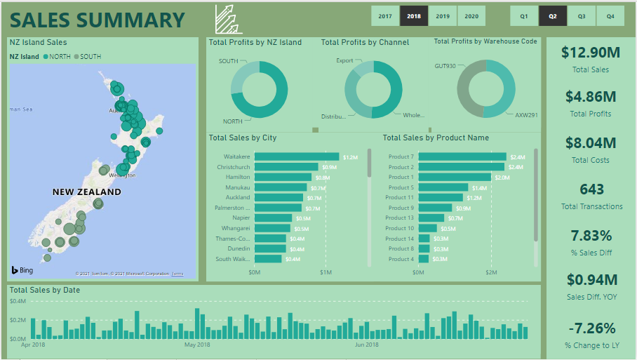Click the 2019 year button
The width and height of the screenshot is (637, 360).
click(x=443, y=15)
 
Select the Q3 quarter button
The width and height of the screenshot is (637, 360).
click(x=582, y=15)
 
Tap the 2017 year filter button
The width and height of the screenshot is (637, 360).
click(x=385, y=15)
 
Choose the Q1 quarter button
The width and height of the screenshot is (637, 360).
click(x=524, y=15)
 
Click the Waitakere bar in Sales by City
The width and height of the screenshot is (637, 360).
click(x=296, y=156)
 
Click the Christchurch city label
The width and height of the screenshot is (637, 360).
click(x=234, y=167)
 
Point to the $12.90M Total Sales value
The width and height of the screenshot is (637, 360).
click(x=590, y=53)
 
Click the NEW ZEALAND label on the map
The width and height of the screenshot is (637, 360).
click(x=87, y=192)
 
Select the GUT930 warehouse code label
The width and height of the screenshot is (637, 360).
click(x=445, y=66)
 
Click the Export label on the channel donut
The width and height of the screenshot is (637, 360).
click(x=344, y=61)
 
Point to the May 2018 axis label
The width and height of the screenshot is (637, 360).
click(x=197, y=345)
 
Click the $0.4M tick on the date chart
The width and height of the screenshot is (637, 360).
click(x=18, y=301)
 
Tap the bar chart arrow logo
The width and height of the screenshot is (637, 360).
click(x=229, y=19)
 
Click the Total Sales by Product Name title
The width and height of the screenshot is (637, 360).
click(x=436, y=138)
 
